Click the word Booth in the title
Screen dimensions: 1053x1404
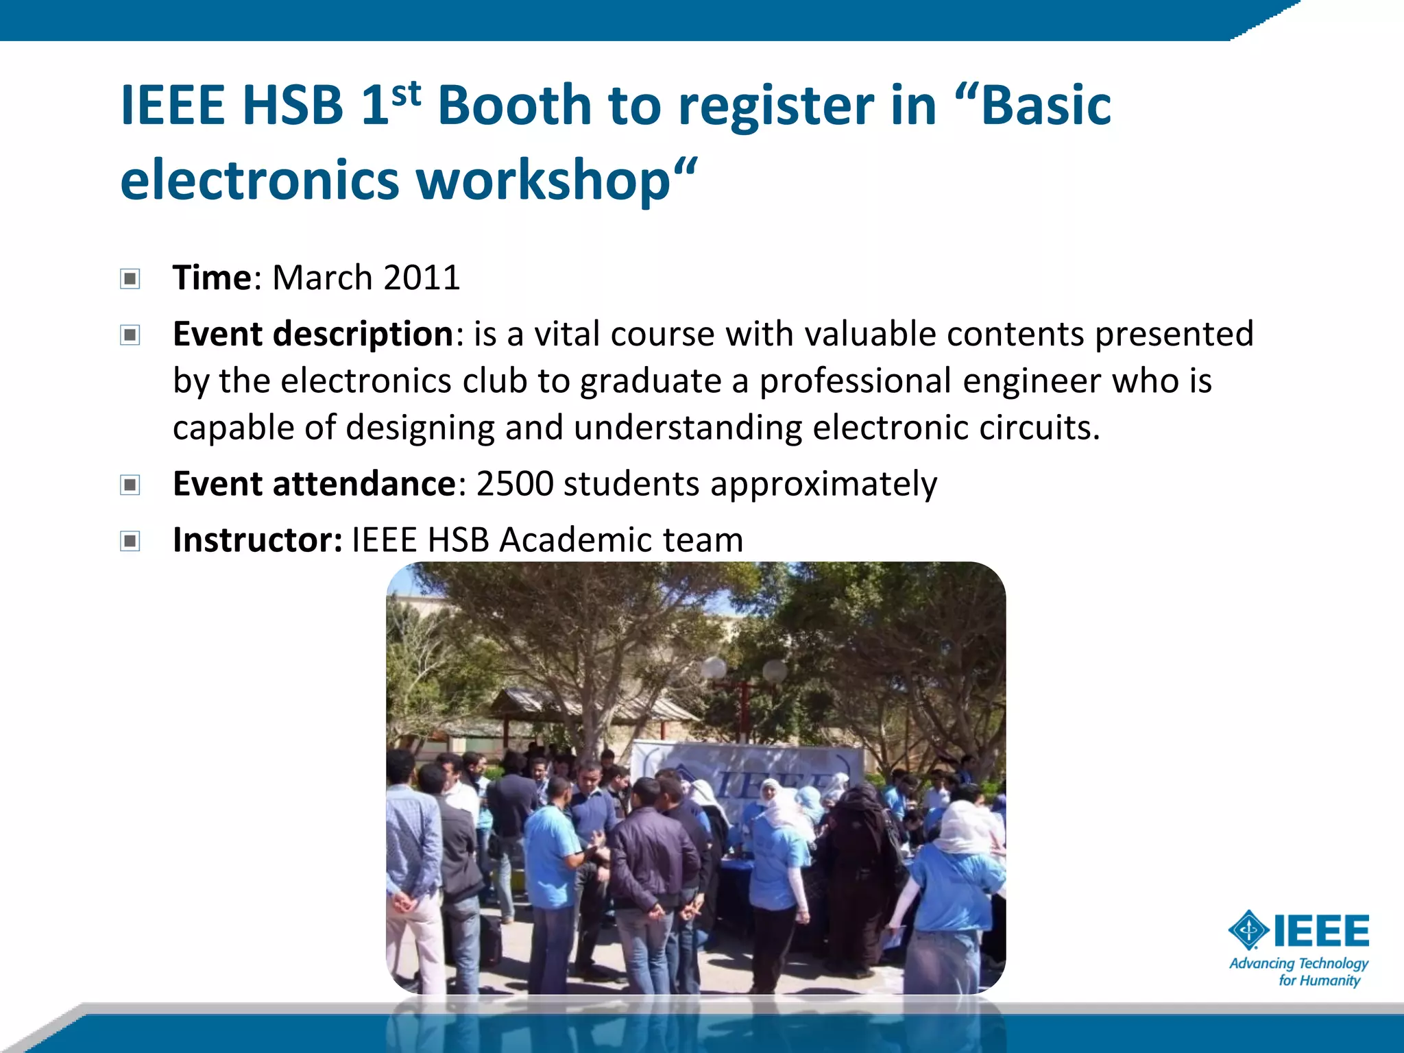514,106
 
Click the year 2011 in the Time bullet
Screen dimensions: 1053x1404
422,278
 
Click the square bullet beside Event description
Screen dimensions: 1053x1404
130,335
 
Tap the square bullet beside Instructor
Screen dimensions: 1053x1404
130,542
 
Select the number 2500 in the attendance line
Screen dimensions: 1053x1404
515,484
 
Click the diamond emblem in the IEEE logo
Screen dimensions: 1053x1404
1248,930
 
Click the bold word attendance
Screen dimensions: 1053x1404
364,484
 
